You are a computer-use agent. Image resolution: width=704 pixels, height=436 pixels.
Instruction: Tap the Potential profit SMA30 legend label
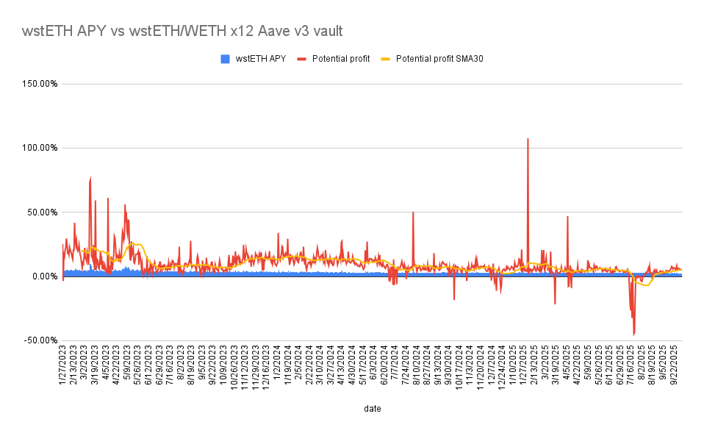439,59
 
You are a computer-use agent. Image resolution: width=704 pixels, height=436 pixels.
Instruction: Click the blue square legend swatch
226,59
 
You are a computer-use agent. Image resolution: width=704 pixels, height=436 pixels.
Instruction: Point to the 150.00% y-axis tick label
40,84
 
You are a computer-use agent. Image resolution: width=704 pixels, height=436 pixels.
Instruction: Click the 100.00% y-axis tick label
40,148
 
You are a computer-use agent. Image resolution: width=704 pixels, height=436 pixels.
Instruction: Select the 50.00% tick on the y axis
42,212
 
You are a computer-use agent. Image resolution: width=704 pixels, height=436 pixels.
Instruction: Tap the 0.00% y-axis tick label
44,276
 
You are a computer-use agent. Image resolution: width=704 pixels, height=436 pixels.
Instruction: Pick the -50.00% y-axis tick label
40,340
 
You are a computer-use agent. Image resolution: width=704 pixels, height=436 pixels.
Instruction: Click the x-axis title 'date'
372,407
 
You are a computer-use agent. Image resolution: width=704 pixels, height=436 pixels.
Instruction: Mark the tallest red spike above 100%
528,139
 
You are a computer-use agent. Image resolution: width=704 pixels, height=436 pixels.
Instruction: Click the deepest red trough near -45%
633,335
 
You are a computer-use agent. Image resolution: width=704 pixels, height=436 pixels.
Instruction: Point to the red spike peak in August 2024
413,212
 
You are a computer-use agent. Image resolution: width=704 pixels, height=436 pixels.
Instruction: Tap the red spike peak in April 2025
567,217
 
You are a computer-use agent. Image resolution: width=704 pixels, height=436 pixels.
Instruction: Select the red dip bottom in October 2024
454,299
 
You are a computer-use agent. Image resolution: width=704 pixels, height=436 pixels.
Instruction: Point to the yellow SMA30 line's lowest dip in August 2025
646,285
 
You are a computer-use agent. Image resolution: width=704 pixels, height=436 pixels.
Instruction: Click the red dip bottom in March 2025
555,304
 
